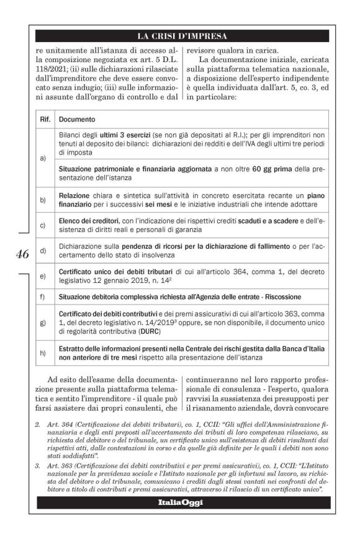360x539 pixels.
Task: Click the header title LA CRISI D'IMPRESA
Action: coord(182,36)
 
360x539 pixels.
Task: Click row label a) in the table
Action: coord(43,158)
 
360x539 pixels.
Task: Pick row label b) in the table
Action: coord(43,200)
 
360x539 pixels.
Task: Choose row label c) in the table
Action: coord(43,226)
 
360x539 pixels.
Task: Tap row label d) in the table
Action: coord(43,251)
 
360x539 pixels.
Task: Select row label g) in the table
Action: coord(43,323)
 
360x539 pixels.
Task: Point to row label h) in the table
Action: coord(43,354)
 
